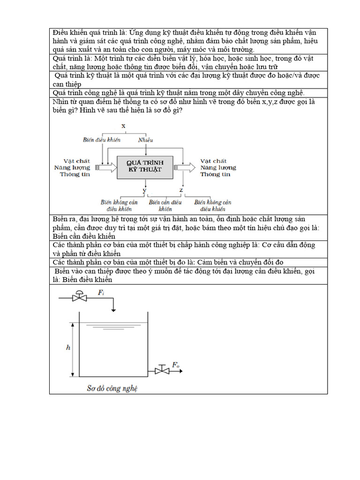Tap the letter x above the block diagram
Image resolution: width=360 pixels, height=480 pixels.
coord(123,126)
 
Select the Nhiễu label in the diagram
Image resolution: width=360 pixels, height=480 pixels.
coord(145,140)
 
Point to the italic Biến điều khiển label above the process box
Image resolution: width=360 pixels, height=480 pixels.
coord(102,140)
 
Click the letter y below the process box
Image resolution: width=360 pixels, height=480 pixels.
coord(144,190)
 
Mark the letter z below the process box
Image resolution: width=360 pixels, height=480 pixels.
coord(181,190)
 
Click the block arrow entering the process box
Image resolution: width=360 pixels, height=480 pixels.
coord(106,166)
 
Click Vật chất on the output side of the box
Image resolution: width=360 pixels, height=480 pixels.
coord(213,161)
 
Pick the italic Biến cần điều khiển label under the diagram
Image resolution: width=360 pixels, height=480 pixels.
coord(165,205)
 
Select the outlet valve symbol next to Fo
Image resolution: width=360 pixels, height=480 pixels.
coord(162,370)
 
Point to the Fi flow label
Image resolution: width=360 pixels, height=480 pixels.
coord(101,292)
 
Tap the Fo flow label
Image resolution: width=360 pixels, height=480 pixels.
coord(175,365)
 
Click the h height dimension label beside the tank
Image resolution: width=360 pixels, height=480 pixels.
coord(68,347)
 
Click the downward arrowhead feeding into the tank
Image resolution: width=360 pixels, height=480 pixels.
coord(113,308)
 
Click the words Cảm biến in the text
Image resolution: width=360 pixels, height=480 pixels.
coord(213,262)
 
